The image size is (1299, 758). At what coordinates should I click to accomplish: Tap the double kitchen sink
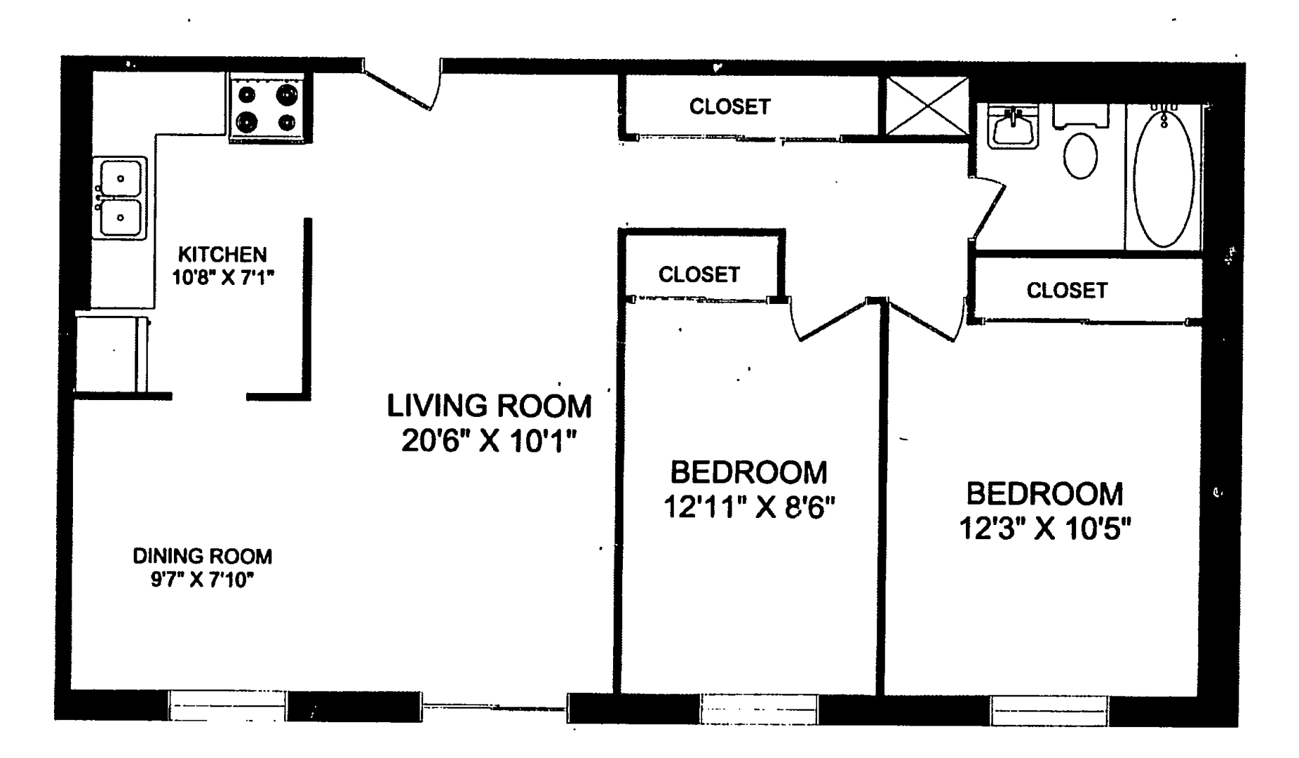(x=120, y=198)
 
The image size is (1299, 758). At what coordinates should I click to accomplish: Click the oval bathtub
(x=1163, y=178)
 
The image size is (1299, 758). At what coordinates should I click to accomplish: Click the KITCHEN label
(x=222, y=254)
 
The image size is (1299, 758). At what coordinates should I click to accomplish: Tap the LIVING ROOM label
(x=489, y=406)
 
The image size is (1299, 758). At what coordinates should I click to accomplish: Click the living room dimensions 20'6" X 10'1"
(x=489, y=441)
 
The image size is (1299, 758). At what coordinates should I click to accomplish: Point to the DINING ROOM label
(x=202, y=557)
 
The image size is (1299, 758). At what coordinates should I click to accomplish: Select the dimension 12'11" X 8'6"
(x=749, y=507)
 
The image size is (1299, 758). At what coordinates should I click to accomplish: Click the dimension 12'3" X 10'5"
(x=1045, y=528)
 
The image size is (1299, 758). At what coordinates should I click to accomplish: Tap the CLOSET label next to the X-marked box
(x=729, y=107)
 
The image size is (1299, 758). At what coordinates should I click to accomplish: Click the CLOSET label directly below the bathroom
(x=1067, y=291)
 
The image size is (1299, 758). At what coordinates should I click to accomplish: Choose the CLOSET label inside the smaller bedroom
(x=699, y=274)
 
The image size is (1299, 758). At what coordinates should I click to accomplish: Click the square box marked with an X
(x=927, y=106)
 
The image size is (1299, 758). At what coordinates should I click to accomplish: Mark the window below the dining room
(x=227, y=706)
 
